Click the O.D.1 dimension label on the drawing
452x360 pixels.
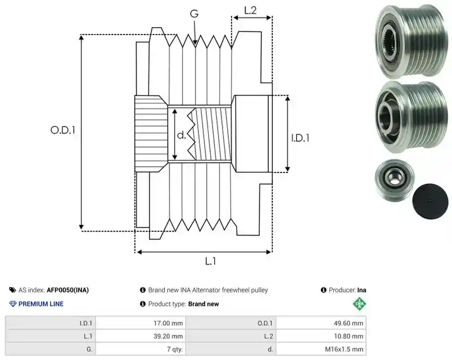[63, 131]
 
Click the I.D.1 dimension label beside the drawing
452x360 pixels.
[300, 138]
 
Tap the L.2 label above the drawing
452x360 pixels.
[250, 11]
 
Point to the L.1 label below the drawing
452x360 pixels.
[210, 261]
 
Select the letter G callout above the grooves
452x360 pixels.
[194, 14]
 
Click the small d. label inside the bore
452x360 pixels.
[181, 135]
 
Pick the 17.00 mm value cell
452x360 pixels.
[168, 323]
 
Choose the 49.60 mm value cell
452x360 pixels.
[348, 323]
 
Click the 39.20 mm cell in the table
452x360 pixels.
[168, 336]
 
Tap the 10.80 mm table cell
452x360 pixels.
[348, 336]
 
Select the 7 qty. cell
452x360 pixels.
[175, 349]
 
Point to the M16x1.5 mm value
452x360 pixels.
[344, 349]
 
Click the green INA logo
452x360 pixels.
[359, 304]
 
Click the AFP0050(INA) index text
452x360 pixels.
[68, 290]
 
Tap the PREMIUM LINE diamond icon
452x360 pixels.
[13, 304]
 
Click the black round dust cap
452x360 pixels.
[430, 201]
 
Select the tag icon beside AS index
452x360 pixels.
[12, 290]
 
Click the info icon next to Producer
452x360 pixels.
[323, 290]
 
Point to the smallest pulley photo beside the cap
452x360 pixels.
[394, 179]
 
